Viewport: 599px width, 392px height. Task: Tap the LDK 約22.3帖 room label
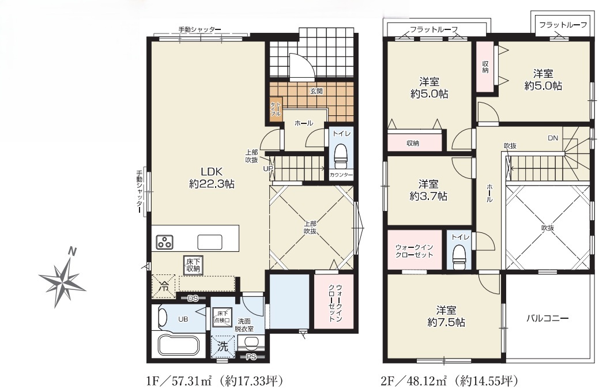(x=212, y=178)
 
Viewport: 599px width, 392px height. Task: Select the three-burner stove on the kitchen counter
(x=165, y=242)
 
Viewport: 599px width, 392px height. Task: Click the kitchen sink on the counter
(x=209, y=242)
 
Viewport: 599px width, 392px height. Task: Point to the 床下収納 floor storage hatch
(x=193, y=266)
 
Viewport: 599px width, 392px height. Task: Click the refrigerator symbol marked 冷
(x=164, y=286)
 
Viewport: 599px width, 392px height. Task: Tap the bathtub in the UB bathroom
(x=179, y=345)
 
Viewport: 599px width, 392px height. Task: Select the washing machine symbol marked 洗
(x=223, y=346)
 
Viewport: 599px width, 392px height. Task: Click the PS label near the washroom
(x=251, y=357)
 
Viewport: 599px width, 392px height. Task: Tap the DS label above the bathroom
(x=193, y=299)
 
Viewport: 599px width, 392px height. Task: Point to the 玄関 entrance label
(x=317, y=91)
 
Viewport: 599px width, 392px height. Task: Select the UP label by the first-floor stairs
(x=268, y=168)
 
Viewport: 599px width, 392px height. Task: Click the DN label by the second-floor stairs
(x=553, y=138)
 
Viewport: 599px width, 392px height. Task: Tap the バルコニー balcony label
(x=548, y=318)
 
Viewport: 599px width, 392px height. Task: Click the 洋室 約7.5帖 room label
(x=446, y=316)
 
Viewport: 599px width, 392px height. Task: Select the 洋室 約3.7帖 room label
(x=428, y=190)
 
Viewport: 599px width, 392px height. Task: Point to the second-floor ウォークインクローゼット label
(x=414, y=251)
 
